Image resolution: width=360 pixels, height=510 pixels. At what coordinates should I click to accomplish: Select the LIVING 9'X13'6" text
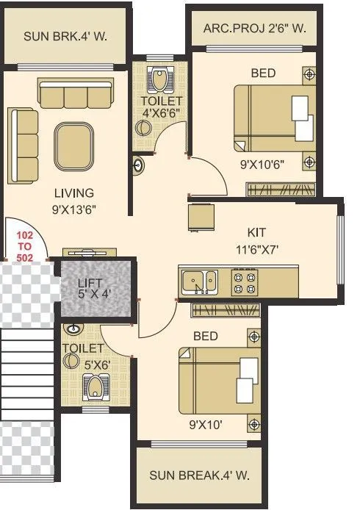74,201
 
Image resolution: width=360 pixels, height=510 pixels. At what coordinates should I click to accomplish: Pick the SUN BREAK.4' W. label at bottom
199,475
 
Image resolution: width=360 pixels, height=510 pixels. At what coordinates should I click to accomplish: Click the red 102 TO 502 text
25,246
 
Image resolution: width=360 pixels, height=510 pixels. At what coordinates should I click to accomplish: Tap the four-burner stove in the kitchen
245,280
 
